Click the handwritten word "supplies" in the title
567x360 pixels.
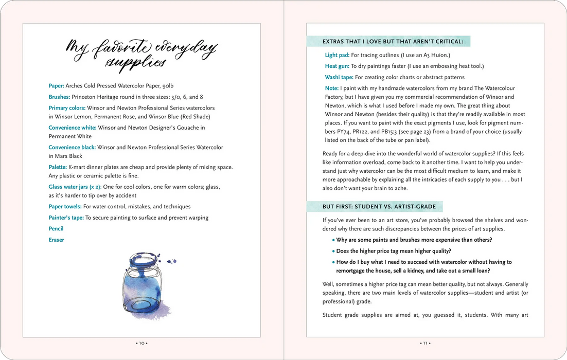(x=136, y=63)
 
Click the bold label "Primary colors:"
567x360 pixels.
(x=67, y=108)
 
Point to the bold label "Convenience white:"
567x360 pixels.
(x=72, y=128)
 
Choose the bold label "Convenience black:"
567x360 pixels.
(x=72, y=147)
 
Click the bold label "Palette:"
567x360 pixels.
(x=58, y=167)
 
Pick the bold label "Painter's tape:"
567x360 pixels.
(x=66, y=218)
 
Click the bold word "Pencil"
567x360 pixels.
(x=56, y=228)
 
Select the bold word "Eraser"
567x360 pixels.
(x=56, y=240)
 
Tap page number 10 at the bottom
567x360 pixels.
(x=141, y=343)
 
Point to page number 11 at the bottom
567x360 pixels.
(x=426, y=343)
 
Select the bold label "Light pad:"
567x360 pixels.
(x=338, y=55)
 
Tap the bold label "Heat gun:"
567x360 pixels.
(x=337, y=66)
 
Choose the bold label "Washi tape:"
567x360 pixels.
(x=339, y=77)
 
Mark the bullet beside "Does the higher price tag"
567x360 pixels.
(x=333, y=251)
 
